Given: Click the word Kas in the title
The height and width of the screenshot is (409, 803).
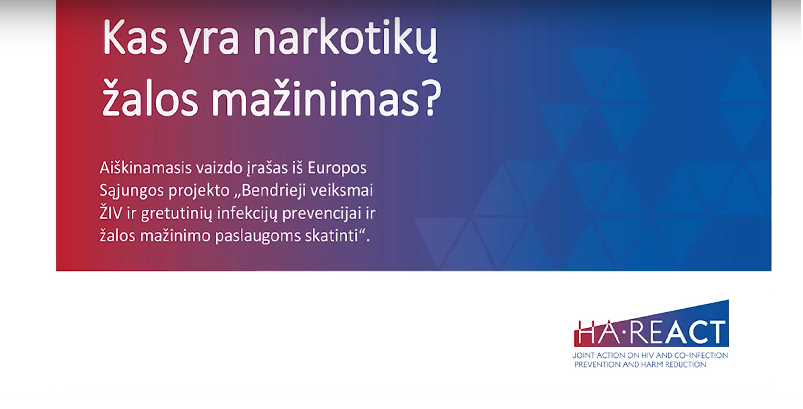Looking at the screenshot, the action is pos(135,37).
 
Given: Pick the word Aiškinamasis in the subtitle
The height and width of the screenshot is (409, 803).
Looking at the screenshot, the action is pos(146,168).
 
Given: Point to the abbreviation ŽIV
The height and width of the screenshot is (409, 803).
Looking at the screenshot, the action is pos(111,213).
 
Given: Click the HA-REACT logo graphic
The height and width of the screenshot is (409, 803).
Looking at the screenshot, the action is pos(652,324).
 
